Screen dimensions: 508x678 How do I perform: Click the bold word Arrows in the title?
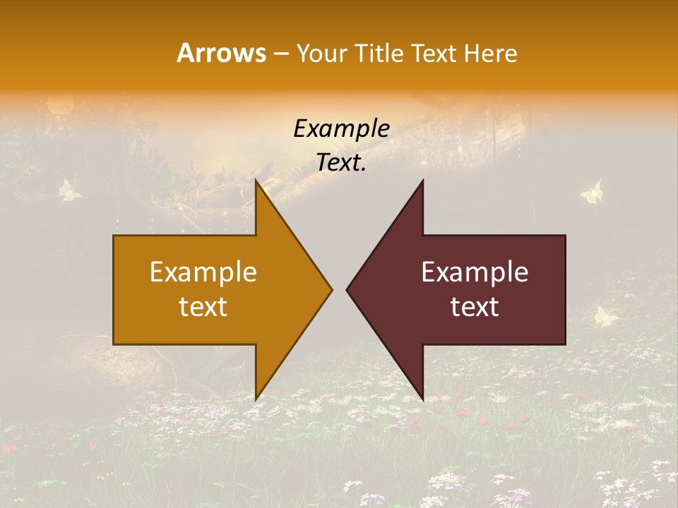click(222, 53)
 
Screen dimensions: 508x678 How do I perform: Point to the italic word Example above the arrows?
click(342, 129)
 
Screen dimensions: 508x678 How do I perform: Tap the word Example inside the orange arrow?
click(203, 272)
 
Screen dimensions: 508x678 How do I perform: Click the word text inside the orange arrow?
click(203, 307)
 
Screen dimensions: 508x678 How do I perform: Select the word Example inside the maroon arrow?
click(475, 272)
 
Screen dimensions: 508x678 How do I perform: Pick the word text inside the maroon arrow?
click(475, 307)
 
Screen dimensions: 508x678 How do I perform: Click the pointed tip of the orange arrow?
click(331, 289)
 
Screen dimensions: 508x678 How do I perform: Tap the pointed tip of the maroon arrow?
click(347, 289)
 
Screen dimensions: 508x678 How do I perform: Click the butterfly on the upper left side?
click(69, 190)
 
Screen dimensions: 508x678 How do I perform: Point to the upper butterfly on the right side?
click(592, 193)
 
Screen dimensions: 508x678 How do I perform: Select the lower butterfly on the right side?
click(606, 317)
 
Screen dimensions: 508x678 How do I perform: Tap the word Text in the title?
click(434, 54)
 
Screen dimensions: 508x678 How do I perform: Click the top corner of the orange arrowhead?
click(256, 181)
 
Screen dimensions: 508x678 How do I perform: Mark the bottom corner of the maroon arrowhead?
click(422, 399)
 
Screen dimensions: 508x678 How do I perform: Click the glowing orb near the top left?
click(59, 106)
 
